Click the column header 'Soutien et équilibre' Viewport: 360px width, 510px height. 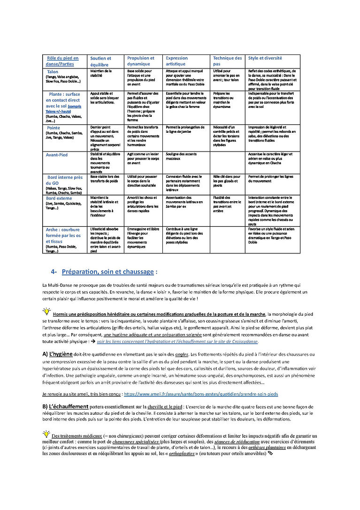pyautogui.click(x=100, y=61)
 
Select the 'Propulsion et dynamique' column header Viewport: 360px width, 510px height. pyautogui.click(x=141, y=61)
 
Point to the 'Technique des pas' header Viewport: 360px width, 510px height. pyautogui.click(x=228, y=61)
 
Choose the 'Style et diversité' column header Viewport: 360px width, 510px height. pyautogui.click(x=265, y=58)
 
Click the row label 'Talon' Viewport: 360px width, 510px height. pyautogui.click(x=53, y=72)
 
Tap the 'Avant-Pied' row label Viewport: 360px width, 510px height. pyautogui.click(x=57, y=155)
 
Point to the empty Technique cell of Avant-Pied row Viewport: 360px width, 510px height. pyautogui.click(x=228, y=162)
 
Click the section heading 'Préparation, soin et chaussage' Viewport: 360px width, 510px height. pyautogui.click(x=108, y=272)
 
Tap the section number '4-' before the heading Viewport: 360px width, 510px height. pyautogui.click(x=54, y=272)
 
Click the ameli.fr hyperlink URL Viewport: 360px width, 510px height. pyautogui.click(x=201, y=394)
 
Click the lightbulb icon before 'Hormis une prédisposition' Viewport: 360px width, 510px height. pyautogui.click(x=47, y=312)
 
